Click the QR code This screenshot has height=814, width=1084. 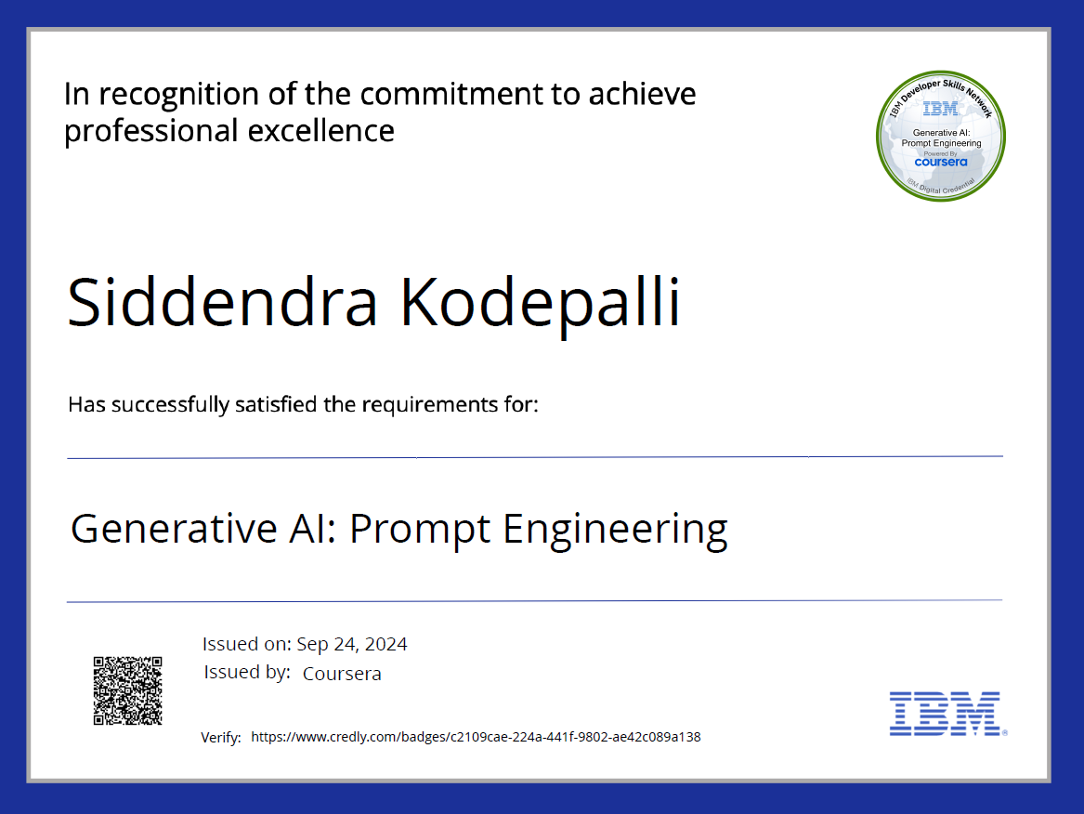127,690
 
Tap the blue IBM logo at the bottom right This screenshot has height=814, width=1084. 946,714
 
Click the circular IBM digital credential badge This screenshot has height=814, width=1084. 942,138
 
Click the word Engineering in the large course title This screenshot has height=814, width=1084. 615,529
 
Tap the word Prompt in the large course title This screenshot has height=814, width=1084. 420,530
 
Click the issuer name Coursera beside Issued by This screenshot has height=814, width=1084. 342,674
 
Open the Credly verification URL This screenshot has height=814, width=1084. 476,737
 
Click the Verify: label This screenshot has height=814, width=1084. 221,738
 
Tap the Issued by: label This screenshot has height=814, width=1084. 246,673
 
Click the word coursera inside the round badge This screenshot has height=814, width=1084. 941,161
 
